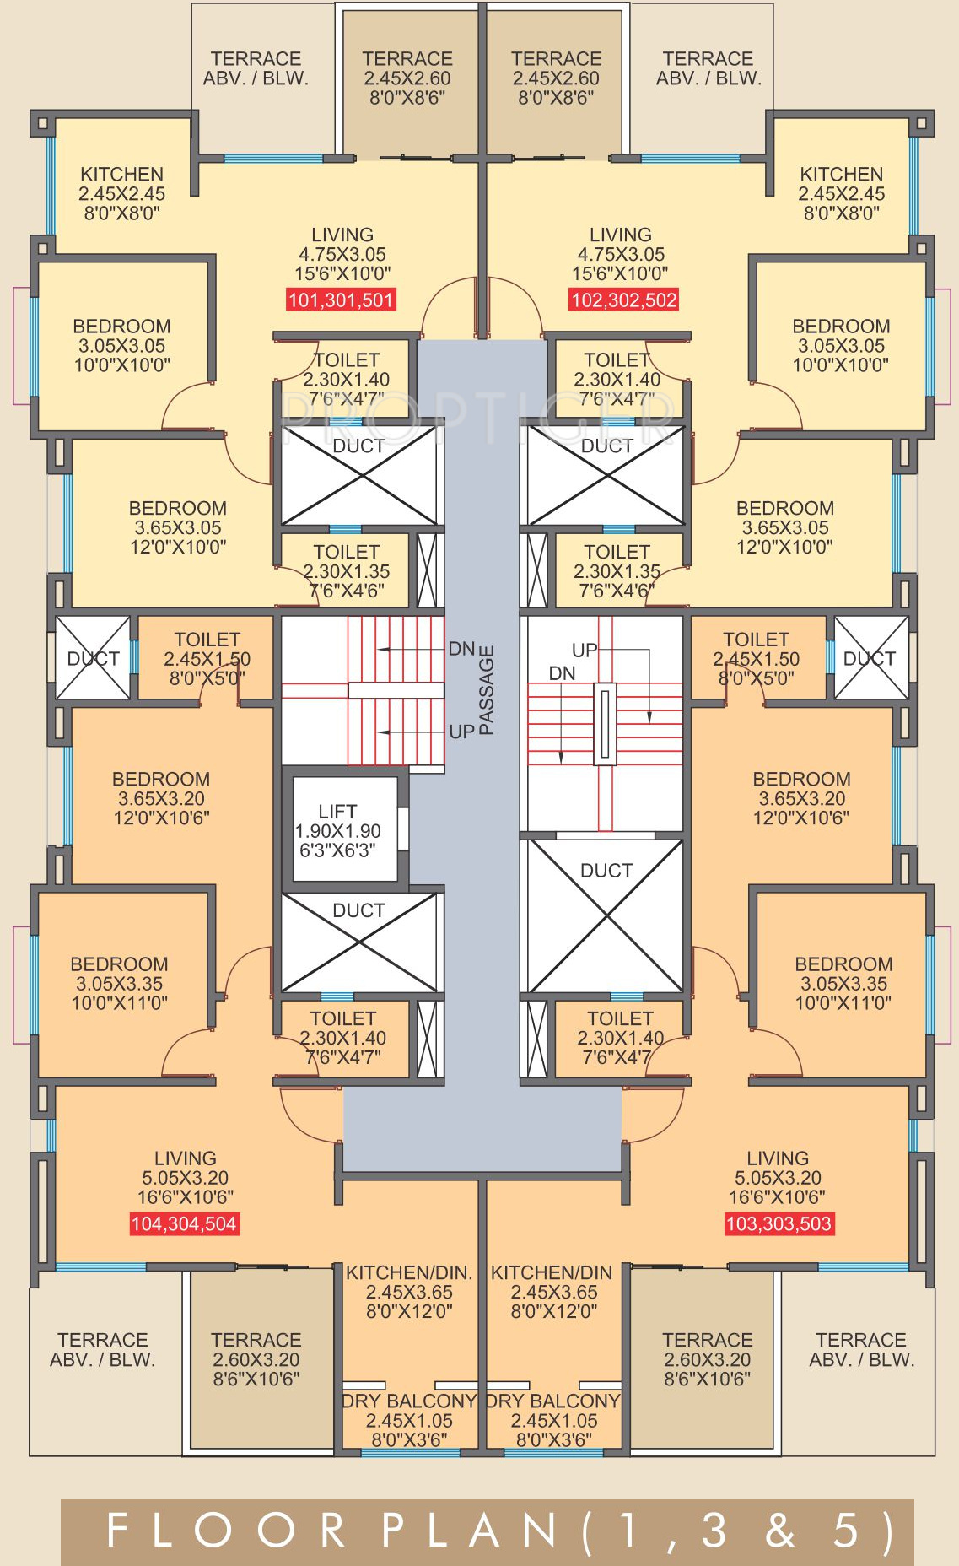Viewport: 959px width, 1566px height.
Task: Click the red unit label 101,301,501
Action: click(x=341, y=300)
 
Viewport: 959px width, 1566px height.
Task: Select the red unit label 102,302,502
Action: click(x=624, y=300)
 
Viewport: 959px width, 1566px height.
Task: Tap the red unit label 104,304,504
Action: click(x=184, y=1224)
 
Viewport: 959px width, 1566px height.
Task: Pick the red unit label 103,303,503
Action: click(x=779, y=1224)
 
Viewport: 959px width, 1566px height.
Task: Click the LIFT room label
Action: click(x=337, y=830)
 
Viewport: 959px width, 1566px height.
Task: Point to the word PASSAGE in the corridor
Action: click(x=487, y=690)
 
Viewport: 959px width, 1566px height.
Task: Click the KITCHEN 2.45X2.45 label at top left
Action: click(x=122, y=193)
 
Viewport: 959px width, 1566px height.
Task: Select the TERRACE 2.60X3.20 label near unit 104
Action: click(x=256, y=1359)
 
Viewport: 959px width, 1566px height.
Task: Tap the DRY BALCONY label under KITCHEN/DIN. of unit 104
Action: click(x=409, y=1420)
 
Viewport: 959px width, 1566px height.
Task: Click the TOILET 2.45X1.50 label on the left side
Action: click(x=207, y=658)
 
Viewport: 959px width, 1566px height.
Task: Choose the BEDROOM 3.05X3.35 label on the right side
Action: click(x=843, y=983)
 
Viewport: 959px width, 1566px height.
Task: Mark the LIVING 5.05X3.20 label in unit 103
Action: click(x=778, y=1177)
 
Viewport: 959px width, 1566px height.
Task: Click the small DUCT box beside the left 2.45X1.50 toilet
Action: click(x=93, y=658)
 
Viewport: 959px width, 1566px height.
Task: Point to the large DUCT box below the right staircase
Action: click(x=606, y=915)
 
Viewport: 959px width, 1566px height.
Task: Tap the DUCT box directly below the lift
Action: click(x=358, y=941)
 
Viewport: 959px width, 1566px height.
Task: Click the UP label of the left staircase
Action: click(x=461, y=732)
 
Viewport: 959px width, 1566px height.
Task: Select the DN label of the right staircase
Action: click(x=562, y=673)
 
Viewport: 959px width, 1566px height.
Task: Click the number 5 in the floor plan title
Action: click(x=846, y=1531)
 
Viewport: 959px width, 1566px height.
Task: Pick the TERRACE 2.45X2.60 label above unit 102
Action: click(x=556, y=78)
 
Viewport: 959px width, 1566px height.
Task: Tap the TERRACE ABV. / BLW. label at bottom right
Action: click(x=861, y=1350)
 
